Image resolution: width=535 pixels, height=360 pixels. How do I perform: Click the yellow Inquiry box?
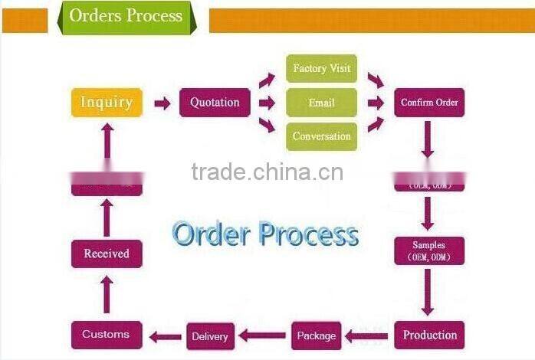tap(107, 103)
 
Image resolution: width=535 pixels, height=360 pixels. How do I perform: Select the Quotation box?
tap(215, 103)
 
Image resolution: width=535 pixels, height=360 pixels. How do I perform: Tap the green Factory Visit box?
tap(321, 68)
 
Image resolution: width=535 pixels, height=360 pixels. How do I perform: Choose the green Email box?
tap(321, 103)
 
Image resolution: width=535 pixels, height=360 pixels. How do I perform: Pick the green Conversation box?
tap(321, 136)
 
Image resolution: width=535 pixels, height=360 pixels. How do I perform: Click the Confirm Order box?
tap(429, 103)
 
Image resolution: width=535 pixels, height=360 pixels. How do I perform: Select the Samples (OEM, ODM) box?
tap(429, 250)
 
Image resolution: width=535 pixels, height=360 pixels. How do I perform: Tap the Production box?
tap(429, 335)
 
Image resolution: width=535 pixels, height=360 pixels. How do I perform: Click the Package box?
tap(316, 335)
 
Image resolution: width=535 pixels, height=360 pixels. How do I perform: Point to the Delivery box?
tap(210, 336)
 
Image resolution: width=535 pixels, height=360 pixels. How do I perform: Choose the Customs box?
tap(107, 335)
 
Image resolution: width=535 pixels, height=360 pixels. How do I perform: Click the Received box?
tap(107, 254)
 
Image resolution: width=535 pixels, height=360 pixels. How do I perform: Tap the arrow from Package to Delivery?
tap(262, 335)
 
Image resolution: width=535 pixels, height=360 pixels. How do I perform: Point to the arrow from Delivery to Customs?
tap(165, 335)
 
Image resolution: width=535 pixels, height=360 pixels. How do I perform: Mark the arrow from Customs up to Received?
tap(107, 294)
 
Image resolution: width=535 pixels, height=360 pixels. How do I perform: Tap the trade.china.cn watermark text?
tap(267, 172)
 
